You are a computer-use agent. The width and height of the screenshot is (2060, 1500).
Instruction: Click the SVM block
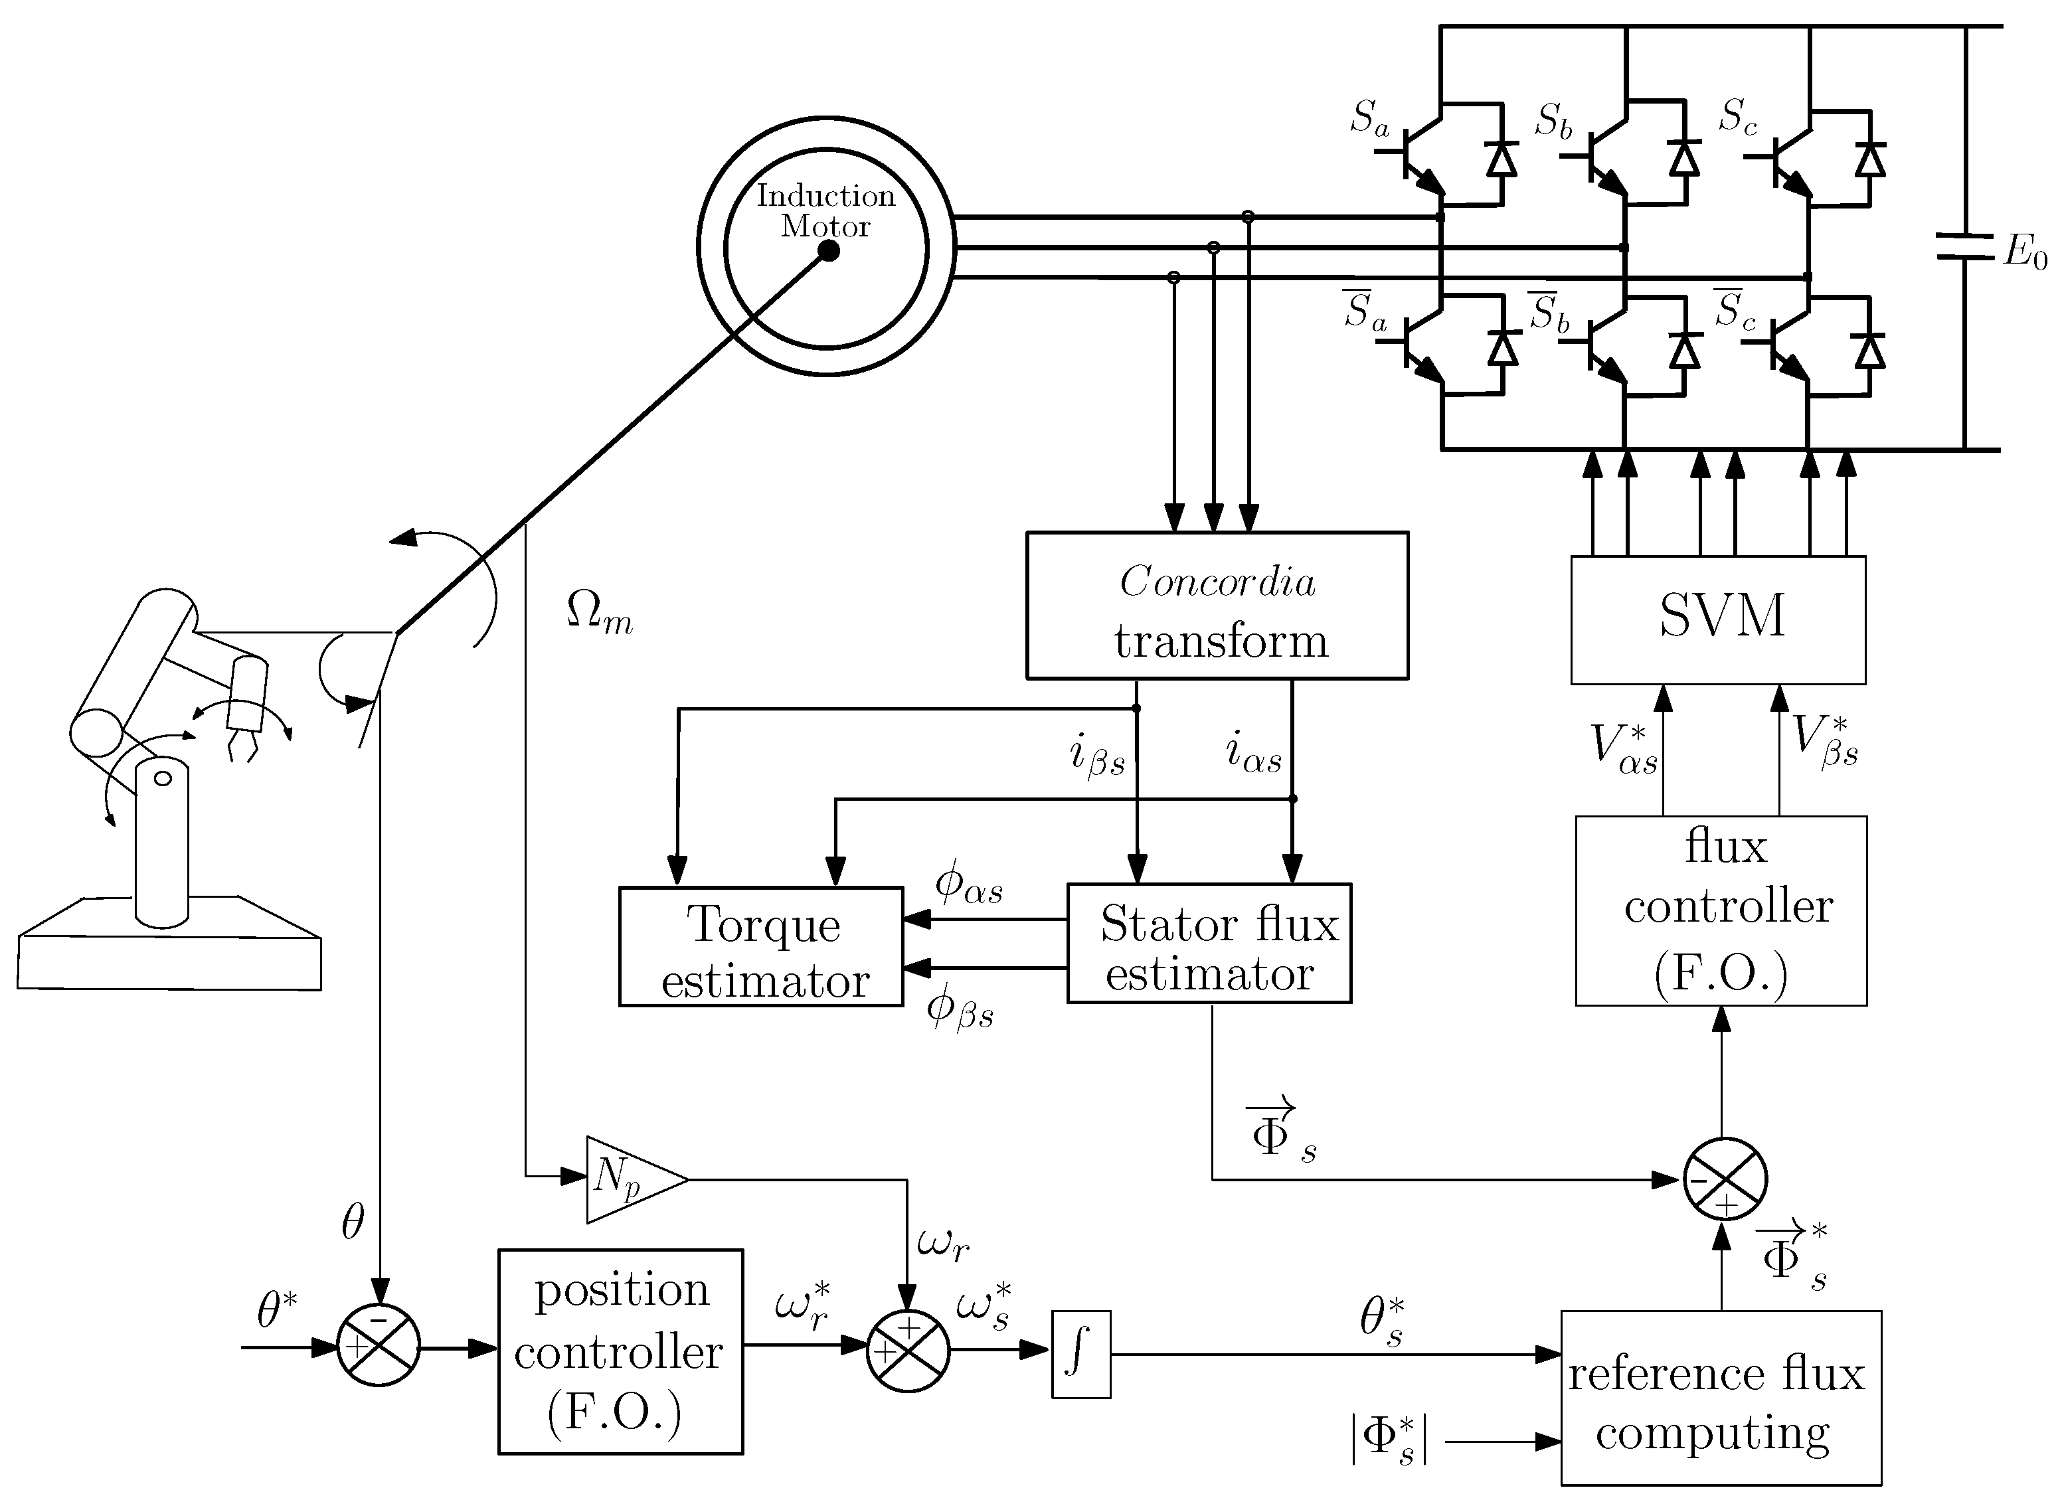(1719, 620)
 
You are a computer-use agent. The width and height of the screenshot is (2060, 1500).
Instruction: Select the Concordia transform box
(1217, 606)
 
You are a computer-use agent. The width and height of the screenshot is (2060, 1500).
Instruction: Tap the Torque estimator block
(761, 947)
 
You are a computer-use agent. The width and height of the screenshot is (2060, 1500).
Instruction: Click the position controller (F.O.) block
(620, 1352)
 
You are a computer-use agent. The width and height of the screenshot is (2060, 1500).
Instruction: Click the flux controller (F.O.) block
(1721, 911)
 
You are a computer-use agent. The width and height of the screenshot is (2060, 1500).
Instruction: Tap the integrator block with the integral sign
(1081, 1354)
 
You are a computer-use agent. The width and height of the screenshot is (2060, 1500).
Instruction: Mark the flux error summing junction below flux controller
(1725, 1179)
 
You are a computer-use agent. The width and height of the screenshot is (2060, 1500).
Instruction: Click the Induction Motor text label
(825, 210)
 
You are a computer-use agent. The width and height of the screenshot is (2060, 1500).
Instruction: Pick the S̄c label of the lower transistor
(1735, 309)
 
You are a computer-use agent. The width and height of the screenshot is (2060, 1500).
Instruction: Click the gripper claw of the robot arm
(242, 746)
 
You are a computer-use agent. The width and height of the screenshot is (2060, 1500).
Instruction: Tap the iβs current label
(1097, 756)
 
